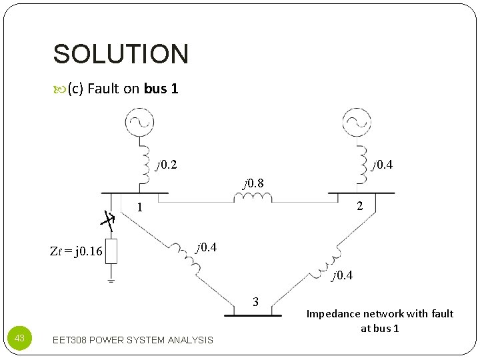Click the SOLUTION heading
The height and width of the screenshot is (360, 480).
(x=121, y=54)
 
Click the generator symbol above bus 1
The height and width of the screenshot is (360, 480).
(x=139, y=121)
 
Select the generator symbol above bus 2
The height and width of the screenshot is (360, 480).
(x=357, y=121)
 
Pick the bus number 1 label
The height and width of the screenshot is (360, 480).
(x=140, y=207)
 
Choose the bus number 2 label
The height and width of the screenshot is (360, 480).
(x=359, y=206)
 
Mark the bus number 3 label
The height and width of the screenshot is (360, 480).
(x=255, y=302)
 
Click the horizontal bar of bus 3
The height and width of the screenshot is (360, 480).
(x=253, y=314)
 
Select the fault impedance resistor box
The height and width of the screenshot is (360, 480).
(x=111, y=251)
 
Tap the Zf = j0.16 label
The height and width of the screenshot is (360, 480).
(x=76, y=251)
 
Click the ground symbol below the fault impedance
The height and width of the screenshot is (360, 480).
(x=111, y=281)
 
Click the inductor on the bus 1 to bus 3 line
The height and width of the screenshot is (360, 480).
(x=187, y=259)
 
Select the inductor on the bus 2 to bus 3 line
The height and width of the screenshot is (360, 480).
(x=328, y=261)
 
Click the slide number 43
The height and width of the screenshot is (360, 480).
(x=19, y=339)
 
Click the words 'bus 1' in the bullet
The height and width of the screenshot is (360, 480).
(x=161, y=89)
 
